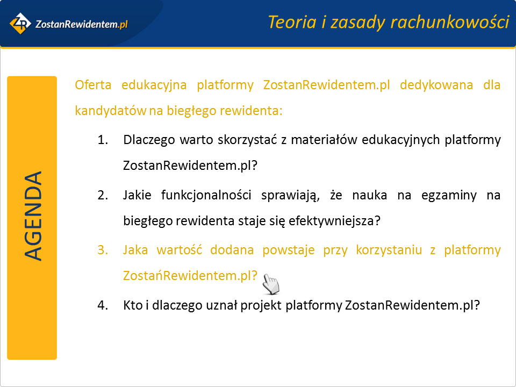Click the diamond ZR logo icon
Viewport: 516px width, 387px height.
click(20, 23)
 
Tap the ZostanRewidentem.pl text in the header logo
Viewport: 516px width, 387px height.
click(81, 24)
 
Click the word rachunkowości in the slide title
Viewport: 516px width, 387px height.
click(450, 23)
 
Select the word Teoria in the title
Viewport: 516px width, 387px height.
click(292, 22)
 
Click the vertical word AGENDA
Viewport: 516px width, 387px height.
click(33, 216)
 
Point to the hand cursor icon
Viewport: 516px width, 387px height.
click(271, 284)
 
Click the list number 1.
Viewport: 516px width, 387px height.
click(103, 140)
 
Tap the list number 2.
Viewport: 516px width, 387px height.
click(103, 195)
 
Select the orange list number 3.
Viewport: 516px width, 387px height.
click(103, 250)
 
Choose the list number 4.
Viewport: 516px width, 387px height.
click(103, 305)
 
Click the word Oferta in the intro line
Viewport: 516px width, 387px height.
click(93, 85)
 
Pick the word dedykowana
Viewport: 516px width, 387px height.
click(436, 85)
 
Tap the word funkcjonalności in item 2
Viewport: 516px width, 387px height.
click(206, 196)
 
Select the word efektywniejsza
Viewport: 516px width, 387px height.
click(334, 221)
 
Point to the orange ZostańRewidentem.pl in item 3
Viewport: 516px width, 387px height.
click(190, 275)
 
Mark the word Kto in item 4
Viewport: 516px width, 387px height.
click(133, 305)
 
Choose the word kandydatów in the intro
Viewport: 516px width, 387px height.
click(110, 111)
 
